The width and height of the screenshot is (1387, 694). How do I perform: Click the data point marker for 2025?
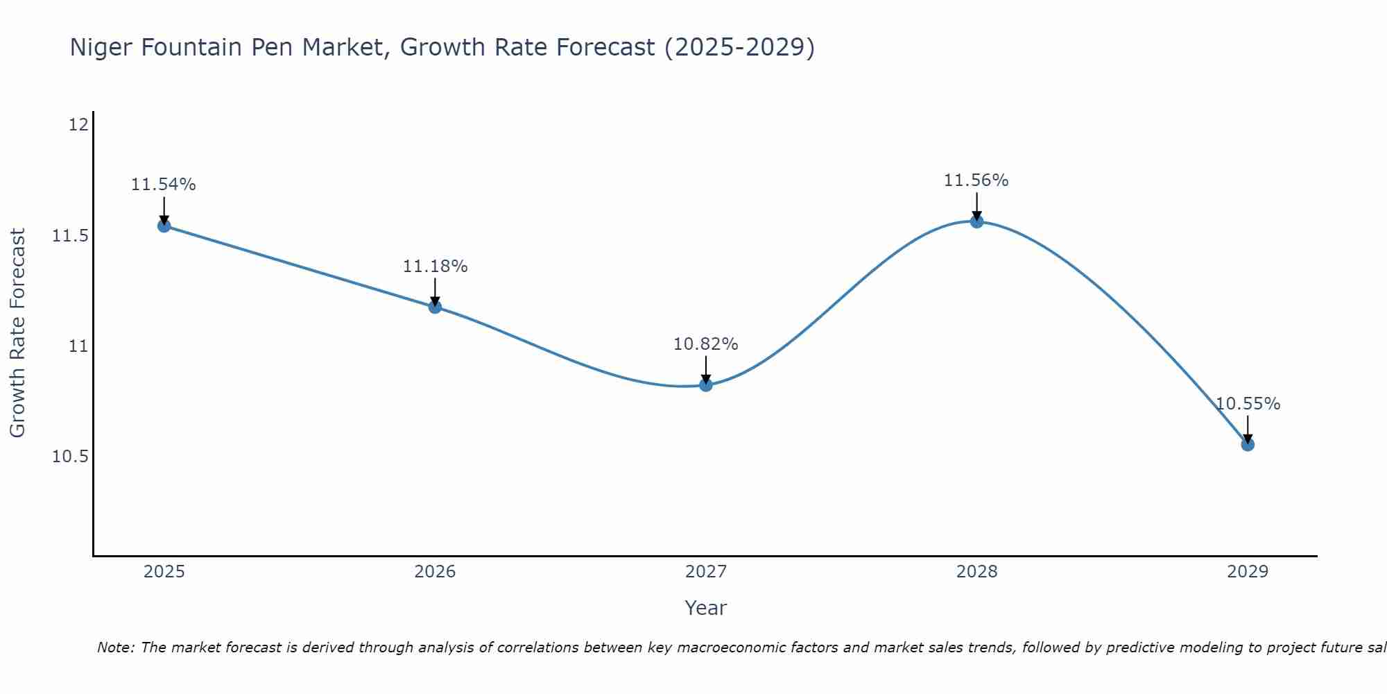tap(164, 226)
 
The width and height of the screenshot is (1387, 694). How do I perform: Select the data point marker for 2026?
tap(435, 307)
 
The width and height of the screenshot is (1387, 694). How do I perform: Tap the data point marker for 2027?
tap(706, 384)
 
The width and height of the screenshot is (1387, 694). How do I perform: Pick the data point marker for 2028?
tap(976, 221)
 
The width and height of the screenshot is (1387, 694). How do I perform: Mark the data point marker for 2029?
tap(1248, 444)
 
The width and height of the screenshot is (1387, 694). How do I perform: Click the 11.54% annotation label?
tap(164, 185)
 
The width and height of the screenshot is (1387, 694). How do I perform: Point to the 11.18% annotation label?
tap(435, 266)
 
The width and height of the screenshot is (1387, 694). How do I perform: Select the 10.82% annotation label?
tap(706, 344)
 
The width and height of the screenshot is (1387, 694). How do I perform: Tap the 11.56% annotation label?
tap(976, 180)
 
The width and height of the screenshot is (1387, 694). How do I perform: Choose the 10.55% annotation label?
tap(1248, 404)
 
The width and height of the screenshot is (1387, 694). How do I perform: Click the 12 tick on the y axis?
tap(79, 125)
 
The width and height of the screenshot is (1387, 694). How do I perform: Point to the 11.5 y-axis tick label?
tap(71, 236)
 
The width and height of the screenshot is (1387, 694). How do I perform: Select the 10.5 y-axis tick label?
tap(71, 457)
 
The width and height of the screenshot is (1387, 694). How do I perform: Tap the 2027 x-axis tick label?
tap(706, 572)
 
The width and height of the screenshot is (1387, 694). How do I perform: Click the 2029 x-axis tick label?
tap(1248, 572)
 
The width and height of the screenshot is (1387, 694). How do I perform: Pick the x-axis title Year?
tap(706, 608)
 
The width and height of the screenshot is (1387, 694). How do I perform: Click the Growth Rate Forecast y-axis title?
tap(18, 333)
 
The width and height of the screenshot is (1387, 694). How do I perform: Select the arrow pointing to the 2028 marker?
tap(976, 205)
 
